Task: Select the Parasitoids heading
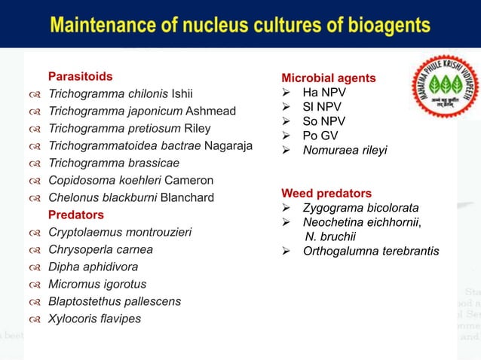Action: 81,76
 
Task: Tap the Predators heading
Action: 76,215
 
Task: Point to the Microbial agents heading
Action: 328,78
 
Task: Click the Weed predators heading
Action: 326,193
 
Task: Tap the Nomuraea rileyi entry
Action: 345,151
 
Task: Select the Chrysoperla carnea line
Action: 100,249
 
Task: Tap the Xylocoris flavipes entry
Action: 94,319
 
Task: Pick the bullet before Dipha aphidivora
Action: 35,267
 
